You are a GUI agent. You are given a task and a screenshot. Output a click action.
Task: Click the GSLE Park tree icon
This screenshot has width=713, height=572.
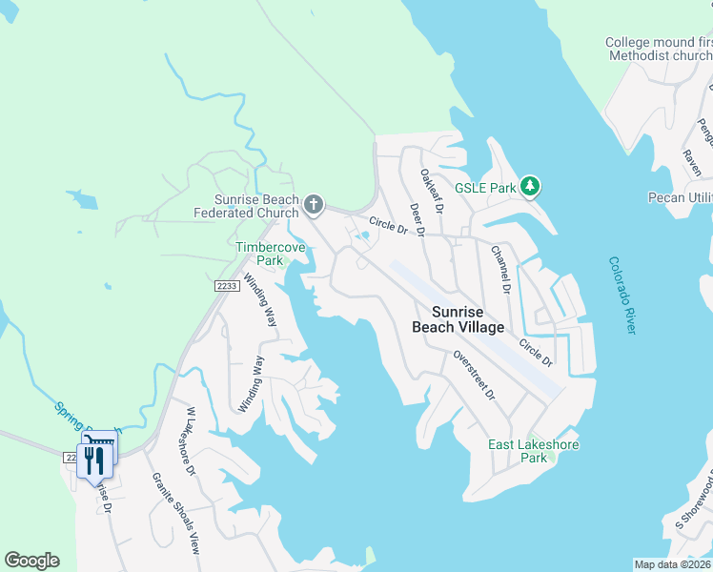pyautogui.click(x=532, y=187)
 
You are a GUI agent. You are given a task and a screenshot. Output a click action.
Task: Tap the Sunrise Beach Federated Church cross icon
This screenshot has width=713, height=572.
pyautogui.click(x=313, y=205)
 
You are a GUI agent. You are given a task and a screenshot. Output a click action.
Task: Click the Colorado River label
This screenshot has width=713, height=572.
pyautogui.click(x=621, y=295)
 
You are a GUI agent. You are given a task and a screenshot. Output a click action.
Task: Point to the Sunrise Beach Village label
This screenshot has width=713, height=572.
pyautogui.click(x=458, y=319)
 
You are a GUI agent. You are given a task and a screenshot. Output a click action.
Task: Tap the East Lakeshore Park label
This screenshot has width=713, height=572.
pyautogui.click(x=533, y=451)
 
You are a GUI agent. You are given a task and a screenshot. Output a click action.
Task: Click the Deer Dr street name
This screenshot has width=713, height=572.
pyautogui.click(x=417, y=220)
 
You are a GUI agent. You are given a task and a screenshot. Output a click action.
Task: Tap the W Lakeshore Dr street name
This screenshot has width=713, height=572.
pyautogui.click(x=191, y=440)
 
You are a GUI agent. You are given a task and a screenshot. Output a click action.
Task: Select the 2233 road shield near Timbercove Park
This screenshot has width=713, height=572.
pyautogui.click(x=225, y=285)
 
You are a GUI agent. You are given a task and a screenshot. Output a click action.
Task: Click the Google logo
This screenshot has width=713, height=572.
pyautogui.click(x=31, y=561)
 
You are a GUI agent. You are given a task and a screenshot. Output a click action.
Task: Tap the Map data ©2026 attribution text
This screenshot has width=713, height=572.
pyautogui.click(x=672, y=564)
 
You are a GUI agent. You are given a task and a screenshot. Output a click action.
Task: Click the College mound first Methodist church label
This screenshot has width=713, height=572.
pyautogui.click(x=658, y=50)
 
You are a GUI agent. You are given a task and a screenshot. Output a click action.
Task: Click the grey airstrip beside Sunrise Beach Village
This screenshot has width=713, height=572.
pyautogui.click(x=477, y=324)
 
